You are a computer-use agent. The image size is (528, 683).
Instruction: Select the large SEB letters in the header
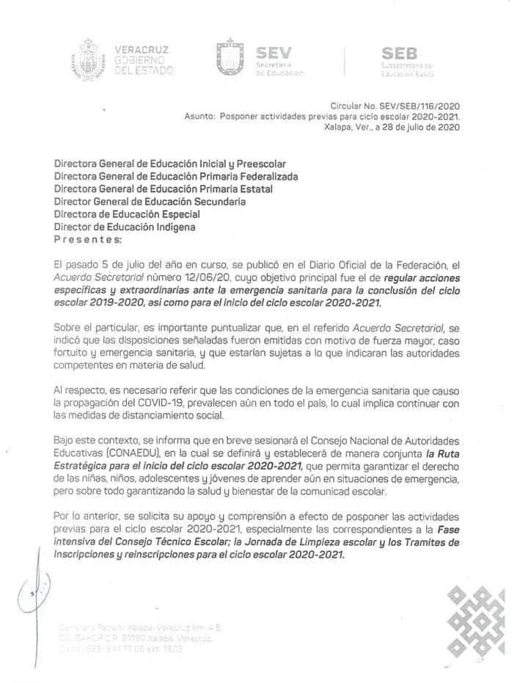point(400,53)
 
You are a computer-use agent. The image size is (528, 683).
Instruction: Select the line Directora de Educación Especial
point(127,214)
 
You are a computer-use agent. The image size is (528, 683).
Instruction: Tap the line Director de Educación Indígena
point(125,227)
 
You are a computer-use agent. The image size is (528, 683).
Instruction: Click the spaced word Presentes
point(88,239)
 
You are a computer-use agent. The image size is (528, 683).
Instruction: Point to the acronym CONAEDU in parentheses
point(96,453)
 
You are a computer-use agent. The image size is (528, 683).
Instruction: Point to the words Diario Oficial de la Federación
point(389,265)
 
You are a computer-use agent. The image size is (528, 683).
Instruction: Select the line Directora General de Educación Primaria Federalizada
point(176,177)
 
